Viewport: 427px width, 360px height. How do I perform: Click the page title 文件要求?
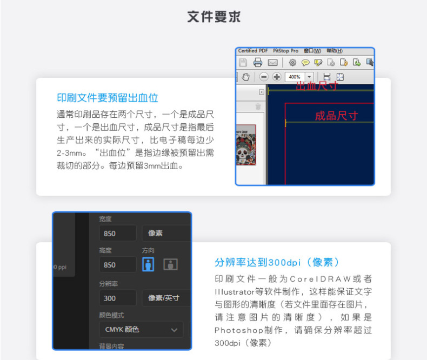point(213,17)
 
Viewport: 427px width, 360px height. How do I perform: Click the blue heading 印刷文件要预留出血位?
point(107,98)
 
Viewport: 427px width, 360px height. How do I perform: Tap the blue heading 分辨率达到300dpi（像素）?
point(277,262)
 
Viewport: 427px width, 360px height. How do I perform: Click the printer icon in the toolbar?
point(258,63)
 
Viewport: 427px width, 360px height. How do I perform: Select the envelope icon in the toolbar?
point(272,63)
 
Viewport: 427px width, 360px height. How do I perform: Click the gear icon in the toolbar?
point(292,63)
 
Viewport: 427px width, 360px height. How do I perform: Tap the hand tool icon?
point(246,77)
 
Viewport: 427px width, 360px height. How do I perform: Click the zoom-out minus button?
point(264,77)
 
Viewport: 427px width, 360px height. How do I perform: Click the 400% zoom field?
point(295,77)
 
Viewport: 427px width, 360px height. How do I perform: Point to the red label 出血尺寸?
point(317,85)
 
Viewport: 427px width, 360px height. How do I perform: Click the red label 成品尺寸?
point(336,116)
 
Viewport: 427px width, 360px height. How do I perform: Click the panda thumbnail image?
point(246,145)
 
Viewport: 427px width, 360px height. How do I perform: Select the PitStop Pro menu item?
point(285,51)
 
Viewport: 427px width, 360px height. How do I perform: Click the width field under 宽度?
point(118,233)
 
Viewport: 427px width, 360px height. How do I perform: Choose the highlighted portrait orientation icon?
point(148,264)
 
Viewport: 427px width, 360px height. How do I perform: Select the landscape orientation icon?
point(171,264)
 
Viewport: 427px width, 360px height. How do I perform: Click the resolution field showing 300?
point(118,298)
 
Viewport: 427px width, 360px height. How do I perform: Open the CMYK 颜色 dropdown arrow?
point(174,329)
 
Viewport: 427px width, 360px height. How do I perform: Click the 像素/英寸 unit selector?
point(165,298)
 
